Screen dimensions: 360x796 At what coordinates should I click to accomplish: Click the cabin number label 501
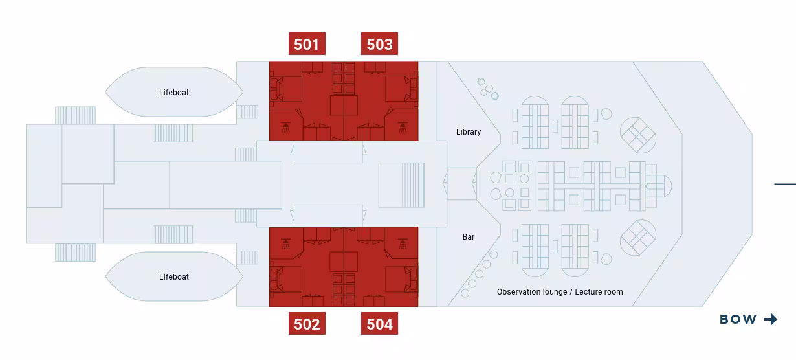click(306, 44)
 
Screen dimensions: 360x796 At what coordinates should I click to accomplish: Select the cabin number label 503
click(379, 44)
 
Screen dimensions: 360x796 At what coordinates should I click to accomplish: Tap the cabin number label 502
click(307, 324)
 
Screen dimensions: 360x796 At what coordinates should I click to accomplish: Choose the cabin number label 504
click(379, 324)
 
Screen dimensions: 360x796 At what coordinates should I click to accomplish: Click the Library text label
click(469, 132)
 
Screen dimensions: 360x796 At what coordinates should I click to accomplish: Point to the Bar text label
click(469, 237)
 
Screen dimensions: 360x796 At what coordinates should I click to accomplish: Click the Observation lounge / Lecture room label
click(560, 292)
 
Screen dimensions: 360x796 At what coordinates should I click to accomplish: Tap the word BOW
click(738, 319)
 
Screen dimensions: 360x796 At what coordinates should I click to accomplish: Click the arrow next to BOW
click(770, 319)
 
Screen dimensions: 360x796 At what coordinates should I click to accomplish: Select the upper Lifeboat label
click(174, 93)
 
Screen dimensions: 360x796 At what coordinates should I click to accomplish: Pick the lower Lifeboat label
click(174, 277)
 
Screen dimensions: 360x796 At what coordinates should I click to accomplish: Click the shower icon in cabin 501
click(285, 127)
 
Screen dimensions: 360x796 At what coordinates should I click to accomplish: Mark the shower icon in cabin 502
click(285, 244)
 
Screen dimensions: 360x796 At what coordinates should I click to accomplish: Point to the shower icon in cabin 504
click(402, 244)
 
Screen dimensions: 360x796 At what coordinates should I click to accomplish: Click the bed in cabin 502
click(289, 279)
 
